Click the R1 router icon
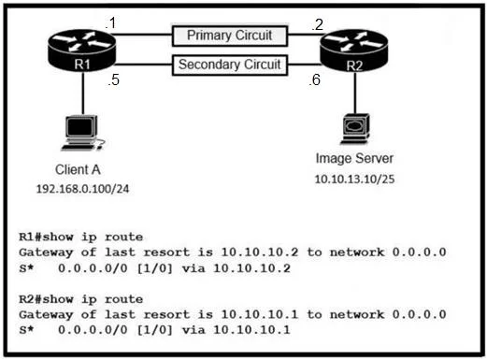[x=82, y=50]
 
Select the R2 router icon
[x=354, y=51]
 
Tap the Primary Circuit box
[x=230, y=36]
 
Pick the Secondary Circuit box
[x=230, y=65]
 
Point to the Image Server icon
[x=355, y=129]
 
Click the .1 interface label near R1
[x=110, y=23]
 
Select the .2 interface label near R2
[x=318, y=25]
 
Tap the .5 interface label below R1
[x=114, y=79]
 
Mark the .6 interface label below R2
[x=315, y=79]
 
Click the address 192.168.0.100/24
[x=82, y=189]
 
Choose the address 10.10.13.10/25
[x=354, y=180]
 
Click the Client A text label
[x=78, y=170]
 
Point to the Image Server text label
[x=354, y=158]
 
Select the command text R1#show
[x=46, y=238]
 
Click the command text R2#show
[x=46, y=299]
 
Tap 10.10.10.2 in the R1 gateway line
[x=260, y=252]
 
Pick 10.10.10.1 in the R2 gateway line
[x=260, y=314]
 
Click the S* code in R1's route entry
[x=26, y=268]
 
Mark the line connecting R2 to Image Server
[x=355, y=93]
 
